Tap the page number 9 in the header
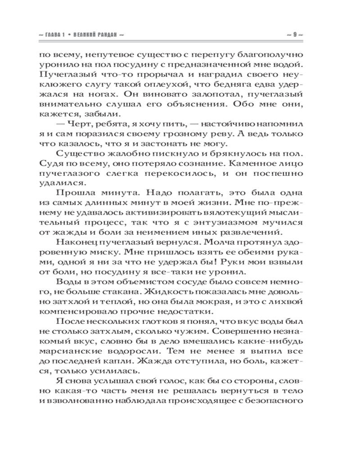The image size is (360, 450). [294, 35]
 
